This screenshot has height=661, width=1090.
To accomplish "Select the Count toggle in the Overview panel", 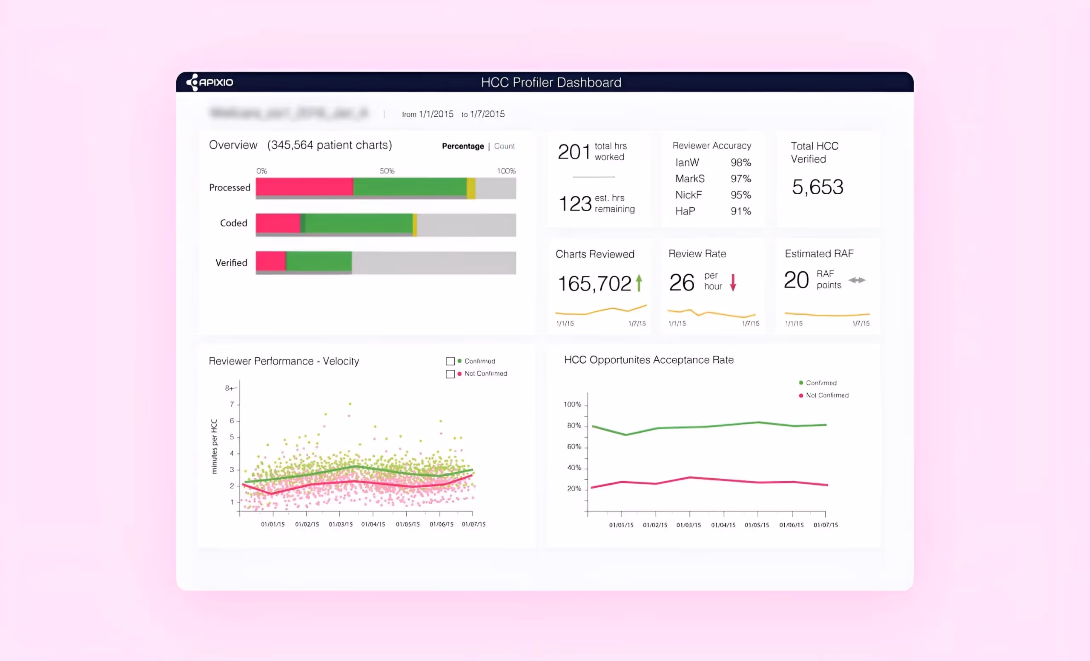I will pos(504,146).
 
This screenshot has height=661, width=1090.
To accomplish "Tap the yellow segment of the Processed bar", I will pos(471,187).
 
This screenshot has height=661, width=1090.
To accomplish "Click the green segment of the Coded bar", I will pos(359,223).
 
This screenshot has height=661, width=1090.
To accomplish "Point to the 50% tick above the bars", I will pos(387,171).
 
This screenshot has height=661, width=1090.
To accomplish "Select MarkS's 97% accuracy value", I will pos(740,179).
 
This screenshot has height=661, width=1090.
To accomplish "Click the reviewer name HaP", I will pos(685,211).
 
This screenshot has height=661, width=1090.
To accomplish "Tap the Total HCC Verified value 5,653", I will pos(817,187).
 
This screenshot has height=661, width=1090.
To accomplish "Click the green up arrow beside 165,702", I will pos(639,283).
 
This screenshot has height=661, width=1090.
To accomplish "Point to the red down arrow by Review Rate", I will pos(733,282).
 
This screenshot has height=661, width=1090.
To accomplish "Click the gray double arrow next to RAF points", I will pos(857,280).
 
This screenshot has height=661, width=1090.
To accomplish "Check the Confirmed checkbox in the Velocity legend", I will pos(450,361).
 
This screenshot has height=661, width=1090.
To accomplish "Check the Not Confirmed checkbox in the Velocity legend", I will pos(450,374).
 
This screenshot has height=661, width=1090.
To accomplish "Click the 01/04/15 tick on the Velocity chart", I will pos(373,524).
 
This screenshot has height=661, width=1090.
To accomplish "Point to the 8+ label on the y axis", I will pos(230,388).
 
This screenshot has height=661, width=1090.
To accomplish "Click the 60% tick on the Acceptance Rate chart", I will pos(574,446).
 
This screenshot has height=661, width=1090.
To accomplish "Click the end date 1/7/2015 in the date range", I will pos(487,114).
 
